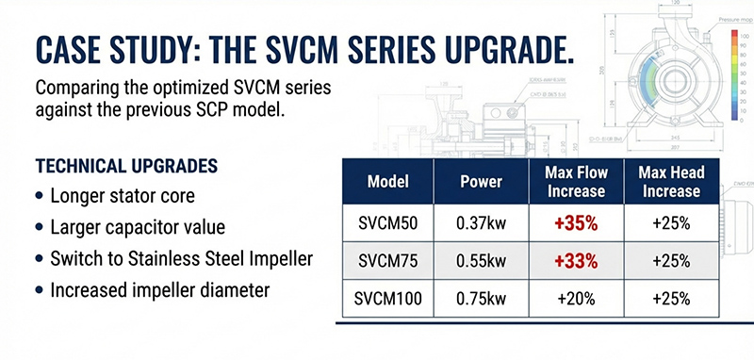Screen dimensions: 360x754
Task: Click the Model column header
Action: (x=386, y=181)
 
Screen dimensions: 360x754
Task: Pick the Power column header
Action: (x=482, y=181)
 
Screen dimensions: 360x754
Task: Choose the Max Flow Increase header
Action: (x=575, y=181)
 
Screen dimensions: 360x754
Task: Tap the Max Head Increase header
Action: (x=669, y=181)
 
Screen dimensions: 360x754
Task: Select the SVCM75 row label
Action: (x=386, y=261)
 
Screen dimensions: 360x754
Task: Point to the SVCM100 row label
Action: (x=386, y=299)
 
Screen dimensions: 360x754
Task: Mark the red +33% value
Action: (x=575, y=261)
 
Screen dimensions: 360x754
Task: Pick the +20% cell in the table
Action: (x=575, y=299)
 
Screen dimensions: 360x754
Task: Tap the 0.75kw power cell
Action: (x=482, y=299)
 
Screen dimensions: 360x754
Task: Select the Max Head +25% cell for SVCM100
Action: (x=669, y=299)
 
